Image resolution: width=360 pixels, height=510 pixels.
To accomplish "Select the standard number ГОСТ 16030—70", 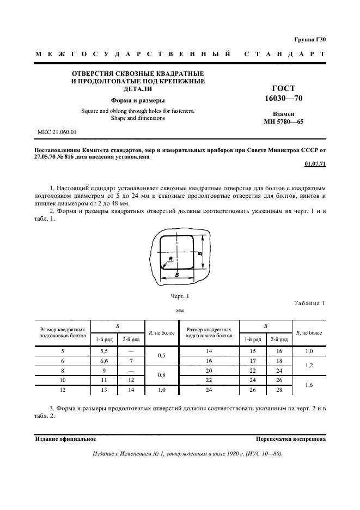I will coord(283,93).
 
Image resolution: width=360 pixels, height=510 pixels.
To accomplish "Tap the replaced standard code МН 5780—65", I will coord(283,122).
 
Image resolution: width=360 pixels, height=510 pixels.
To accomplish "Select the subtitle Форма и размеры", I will coord(138,100).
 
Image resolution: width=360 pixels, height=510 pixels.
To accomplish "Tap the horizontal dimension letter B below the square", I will coord(178,276).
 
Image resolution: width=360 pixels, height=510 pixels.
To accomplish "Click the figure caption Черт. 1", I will coord(180,296).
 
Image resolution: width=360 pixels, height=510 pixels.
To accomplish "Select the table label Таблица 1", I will coord(309,303).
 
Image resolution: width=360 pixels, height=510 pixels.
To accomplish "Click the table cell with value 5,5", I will coord(101,351).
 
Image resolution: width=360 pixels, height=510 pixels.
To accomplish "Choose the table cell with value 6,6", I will coord(101,361).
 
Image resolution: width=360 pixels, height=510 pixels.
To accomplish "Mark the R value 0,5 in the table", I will coord(161,356).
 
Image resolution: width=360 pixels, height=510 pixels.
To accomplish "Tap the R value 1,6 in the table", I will coord(309,386).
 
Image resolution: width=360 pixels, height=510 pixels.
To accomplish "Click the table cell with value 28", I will coord(279,391).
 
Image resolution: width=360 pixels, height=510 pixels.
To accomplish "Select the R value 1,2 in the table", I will coord(309,366).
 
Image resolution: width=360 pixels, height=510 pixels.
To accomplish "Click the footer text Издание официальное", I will coord(65,439).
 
